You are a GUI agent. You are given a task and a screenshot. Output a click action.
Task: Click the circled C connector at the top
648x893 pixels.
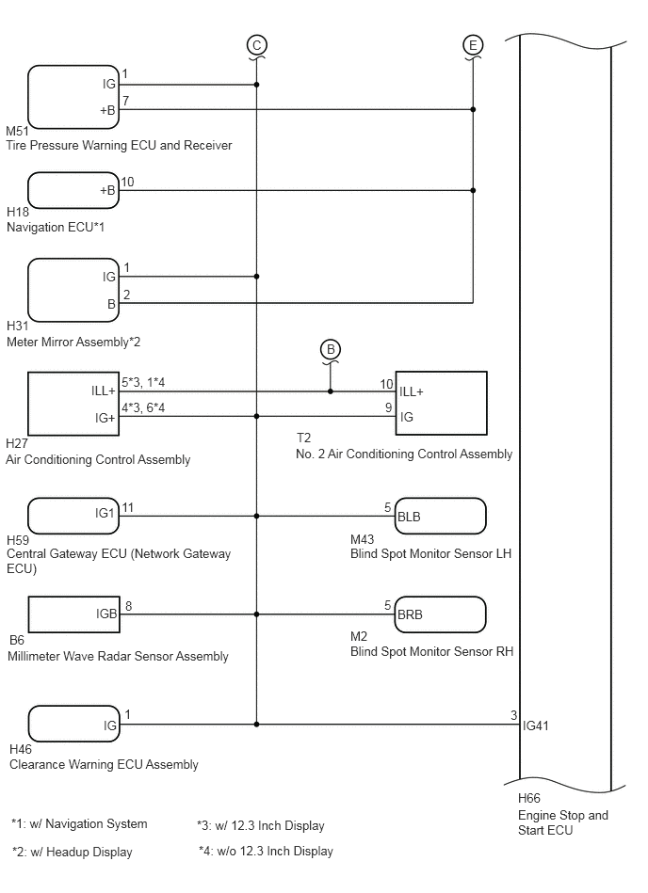pyautogui.click(x=257, y=45)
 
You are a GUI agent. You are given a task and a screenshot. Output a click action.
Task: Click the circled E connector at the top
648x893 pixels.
pyautogui.click(x=473, y=45)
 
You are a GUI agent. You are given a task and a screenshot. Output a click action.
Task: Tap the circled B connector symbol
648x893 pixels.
pyautogui.click(x=331, y=349)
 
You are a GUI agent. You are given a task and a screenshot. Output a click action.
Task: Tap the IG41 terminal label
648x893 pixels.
pyautogui.click(x=536, y=726)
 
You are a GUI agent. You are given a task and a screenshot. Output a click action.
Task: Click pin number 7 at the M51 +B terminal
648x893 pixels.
pyautogui.click(x=126, y=101)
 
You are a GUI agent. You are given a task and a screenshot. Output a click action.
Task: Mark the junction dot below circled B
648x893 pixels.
pyautogui.click(x=331, y=391)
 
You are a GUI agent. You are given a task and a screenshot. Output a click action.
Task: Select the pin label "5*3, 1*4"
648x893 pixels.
pyautogui.click(x=143, y=382)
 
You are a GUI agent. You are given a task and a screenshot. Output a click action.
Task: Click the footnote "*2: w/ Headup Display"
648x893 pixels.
pyautogui.click(x=73, y=852)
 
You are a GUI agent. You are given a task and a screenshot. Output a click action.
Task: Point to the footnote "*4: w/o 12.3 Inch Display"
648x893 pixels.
pyautogui.click(x=266, y=851)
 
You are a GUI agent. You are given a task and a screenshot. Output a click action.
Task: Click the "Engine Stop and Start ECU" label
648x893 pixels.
pyautogui.click(x=563, y=822)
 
